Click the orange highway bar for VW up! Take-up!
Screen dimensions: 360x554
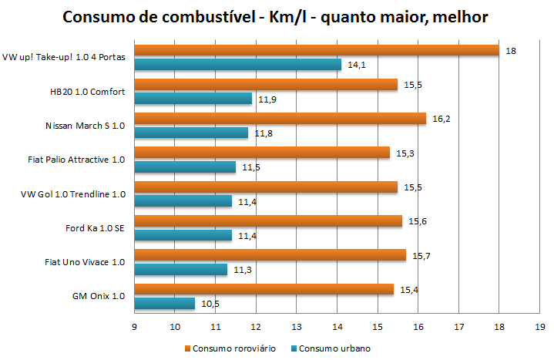pyautogui.click(x=316, y=50)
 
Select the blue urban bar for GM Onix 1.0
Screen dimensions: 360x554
pyautogui.click(x=164, y=304)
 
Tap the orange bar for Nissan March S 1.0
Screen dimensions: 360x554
pyautogui.click(x=280, y=118)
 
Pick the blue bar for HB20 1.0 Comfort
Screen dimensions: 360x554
pyautogui.click(x=193, y=98)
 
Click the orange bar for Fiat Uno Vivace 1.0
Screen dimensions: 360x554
pyautogui.click(x=270, y=254)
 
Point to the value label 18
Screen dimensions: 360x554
pyautogui.click(x=510, y=51)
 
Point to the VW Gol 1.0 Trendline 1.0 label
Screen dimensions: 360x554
pyautogui.click(x=74, y=194)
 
